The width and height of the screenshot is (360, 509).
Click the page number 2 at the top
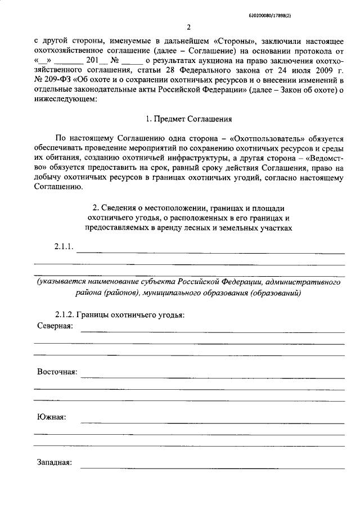tap(189, 26)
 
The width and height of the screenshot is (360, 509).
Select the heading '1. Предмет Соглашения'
tap(188, 119)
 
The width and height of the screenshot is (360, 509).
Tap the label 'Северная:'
tap(55, 327)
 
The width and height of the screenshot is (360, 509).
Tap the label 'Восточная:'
tap(57, 372)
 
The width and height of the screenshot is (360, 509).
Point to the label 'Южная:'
tap(52, 417)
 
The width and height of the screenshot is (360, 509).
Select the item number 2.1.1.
tap(64, 247)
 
